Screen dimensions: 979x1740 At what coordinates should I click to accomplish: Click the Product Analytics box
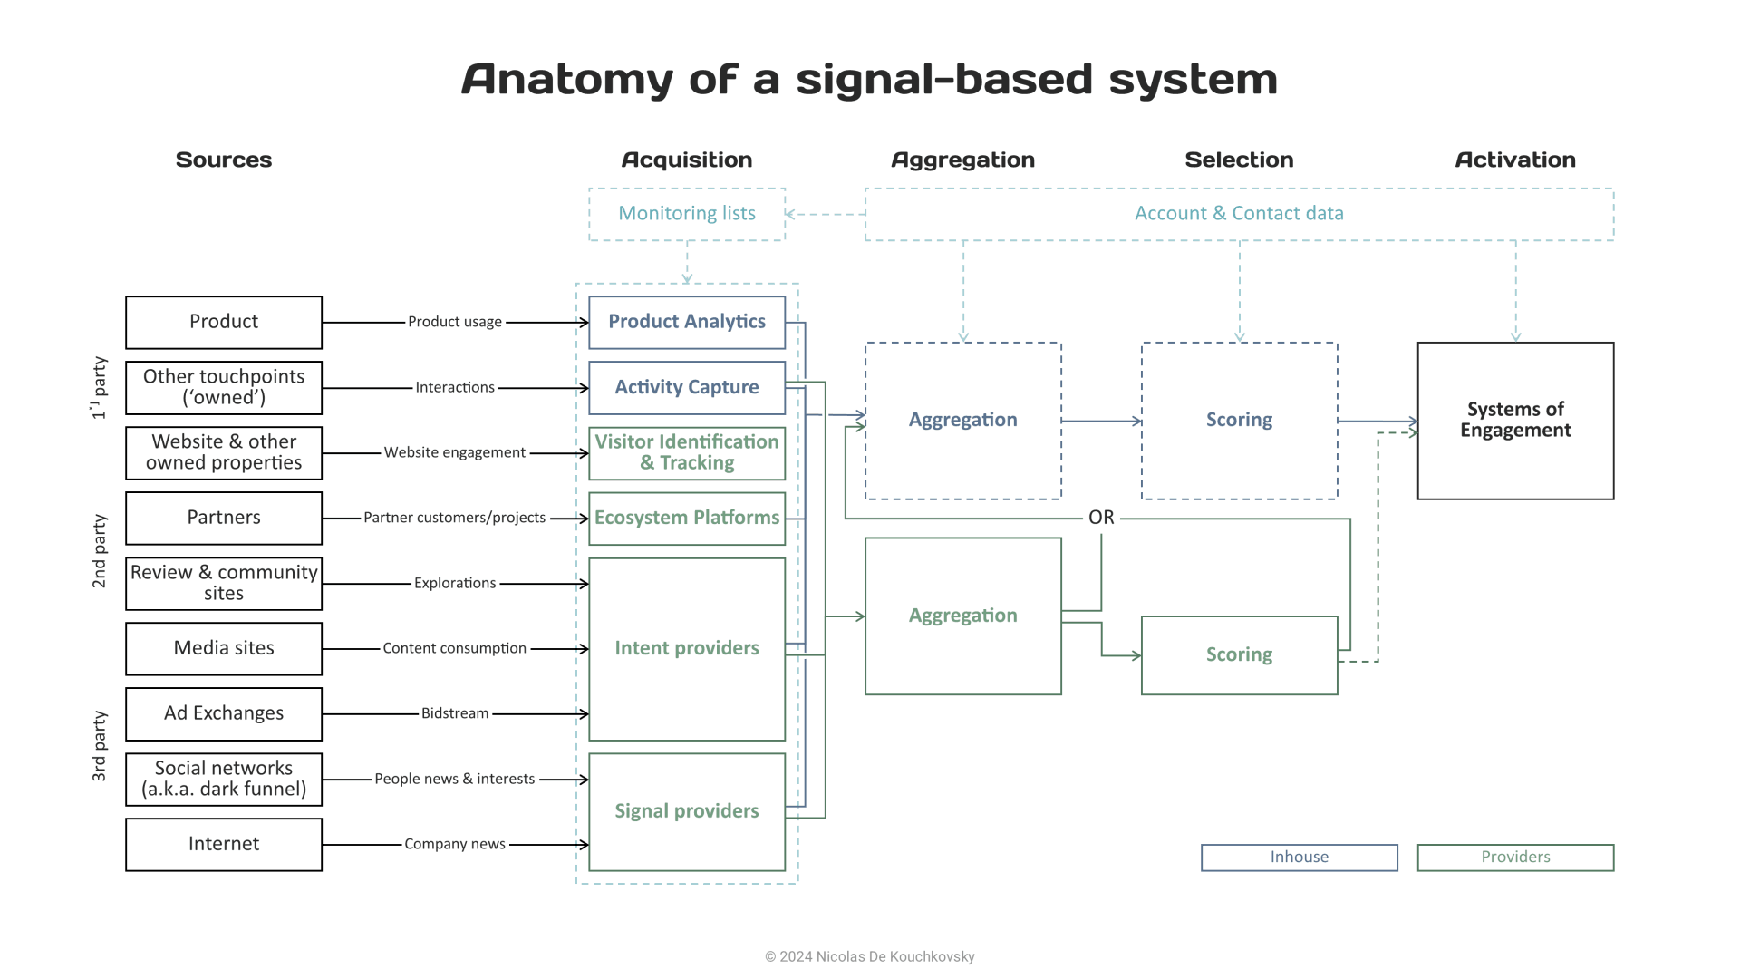686,322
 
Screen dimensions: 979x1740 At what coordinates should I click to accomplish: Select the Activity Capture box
686,387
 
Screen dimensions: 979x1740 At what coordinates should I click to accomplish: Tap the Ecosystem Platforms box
686,518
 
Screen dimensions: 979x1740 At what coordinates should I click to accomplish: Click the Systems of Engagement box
1515,420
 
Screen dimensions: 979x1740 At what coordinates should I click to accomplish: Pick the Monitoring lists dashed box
686,214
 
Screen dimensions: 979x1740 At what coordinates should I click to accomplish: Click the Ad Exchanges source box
224,713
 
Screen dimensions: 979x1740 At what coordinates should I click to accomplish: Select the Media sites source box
224,648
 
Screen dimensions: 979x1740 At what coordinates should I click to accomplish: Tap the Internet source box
224,844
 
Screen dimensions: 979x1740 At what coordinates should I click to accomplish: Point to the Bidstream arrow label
454,713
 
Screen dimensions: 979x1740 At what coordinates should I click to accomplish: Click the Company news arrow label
454,844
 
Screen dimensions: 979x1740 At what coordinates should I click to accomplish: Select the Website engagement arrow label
454,452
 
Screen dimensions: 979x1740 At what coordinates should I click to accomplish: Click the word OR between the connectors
1101,518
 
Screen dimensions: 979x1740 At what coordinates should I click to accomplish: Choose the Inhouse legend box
1299,857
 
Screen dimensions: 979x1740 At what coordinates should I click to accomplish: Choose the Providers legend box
1515,857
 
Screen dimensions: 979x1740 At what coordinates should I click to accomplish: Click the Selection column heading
1239,160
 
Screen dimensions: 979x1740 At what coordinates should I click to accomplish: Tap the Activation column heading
1515,160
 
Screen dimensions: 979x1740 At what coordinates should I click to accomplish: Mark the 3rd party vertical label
99,746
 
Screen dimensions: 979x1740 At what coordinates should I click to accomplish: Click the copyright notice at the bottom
869,956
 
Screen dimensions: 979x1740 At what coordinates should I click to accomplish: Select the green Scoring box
1239,654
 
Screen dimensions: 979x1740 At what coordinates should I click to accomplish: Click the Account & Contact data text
1239,213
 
